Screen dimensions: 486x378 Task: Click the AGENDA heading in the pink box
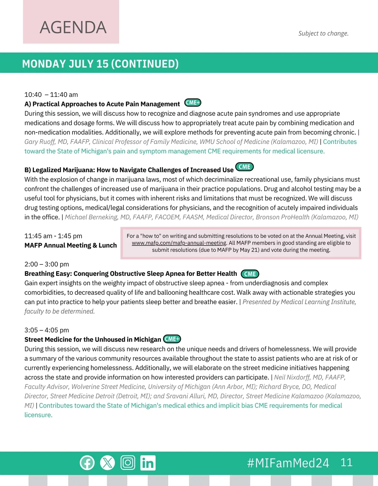tap(73, 27)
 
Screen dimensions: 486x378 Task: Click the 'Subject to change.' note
tap(323, 33)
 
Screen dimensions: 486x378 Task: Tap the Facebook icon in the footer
tap(87, 463)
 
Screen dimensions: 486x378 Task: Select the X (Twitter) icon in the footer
tap(107, 463)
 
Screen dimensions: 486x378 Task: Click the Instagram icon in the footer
tap(128, 463)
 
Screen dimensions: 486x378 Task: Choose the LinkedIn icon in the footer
tap(148, 463)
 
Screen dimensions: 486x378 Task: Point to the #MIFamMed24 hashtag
tap(288, 463)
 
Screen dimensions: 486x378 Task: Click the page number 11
tap(346, 462)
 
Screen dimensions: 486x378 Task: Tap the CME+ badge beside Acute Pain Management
tap(192, 103)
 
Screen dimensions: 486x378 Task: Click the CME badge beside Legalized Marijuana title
tap(244, 167)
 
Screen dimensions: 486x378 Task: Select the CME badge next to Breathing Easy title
tap(250, 274)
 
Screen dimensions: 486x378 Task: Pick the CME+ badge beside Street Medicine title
tap(172, 339)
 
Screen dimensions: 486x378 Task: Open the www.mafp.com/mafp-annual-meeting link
tap(179, 243)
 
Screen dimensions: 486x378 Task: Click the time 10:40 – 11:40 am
tap(51, 95)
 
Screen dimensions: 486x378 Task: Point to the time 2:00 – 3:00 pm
tap(47, 264)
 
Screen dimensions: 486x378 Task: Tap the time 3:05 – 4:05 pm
tap(47, 330)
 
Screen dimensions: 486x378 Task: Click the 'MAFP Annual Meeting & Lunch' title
tap(71, 245)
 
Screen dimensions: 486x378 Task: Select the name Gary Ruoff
tap(40, 142)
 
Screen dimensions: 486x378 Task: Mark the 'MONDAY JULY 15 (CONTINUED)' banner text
tap(100, 64)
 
